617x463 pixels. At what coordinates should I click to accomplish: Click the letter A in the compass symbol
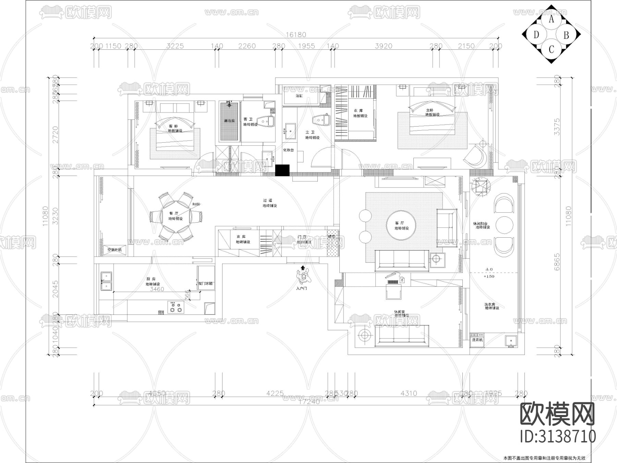click(551, 19)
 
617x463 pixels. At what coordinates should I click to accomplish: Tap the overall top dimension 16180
click(296, 34)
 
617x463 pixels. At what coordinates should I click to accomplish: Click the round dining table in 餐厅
click(176, 216)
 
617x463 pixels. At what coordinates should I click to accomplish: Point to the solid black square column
click(282, 170)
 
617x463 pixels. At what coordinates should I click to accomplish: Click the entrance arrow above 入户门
click(302, 268)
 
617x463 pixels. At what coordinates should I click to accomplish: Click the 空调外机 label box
click(114, 250)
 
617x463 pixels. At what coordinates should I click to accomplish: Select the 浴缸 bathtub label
click(299, 96)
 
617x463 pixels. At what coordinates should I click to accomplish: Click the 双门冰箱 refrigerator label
click(206, 284)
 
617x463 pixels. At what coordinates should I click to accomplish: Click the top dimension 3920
click(383, 46)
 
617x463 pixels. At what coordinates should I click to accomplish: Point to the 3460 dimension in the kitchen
click(157, 289)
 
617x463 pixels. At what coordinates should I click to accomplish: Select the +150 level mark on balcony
click(489, 276)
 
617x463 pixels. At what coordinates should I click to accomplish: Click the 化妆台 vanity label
click(288, 150)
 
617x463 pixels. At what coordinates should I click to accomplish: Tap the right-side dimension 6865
click(557, 262)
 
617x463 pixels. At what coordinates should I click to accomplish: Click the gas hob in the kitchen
click(176, 307)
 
